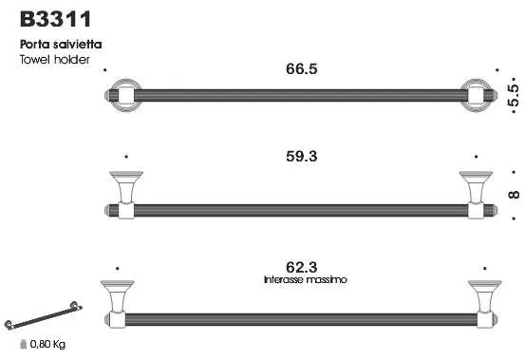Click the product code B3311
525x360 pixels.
point(55,19)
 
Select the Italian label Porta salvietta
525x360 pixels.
point(61,45)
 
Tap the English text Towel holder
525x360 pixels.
point(54,60)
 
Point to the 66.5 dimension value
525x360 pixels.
point(301,69)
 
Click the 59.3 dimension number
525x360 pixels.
point(301,157)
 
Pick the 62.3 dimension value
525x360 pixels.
point(301,267)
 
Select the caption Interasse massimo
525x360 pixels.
point(305,279)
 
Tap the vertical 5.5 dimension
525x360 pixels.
point(514,95)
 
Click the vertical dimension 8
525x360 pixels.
point(514,195)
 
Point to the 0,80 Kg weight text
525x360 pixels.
point(47,344)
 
